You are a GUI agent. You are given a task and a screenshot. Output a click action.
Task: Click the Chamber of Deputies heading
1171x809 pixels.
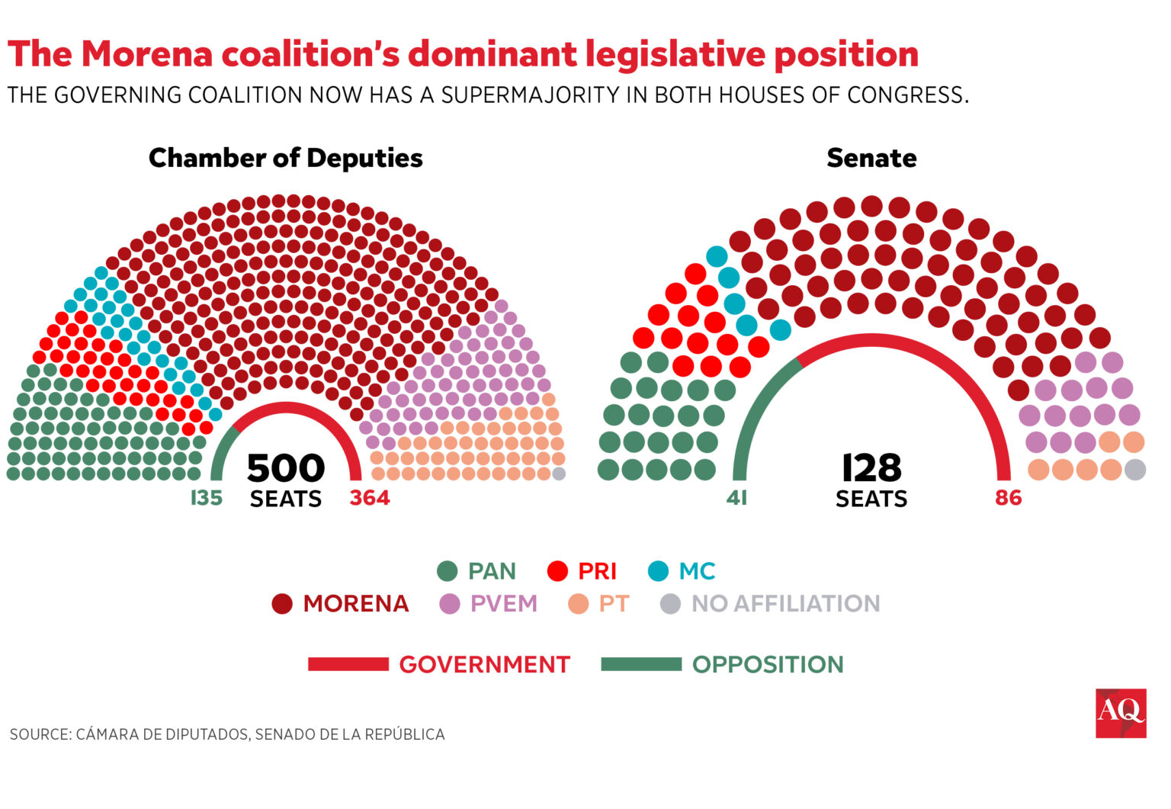click(x=285, y=158)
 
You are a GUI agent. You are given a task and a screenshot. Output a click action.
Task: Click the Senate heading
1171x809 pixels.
click(x=871, y=158)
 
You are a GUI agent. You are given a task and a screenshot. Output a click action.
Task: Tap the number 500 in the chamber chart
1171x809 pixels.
click(x=286, y=468)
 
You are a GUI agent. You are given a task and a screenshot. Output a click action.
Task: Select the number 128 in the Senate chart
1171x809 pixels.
click(x=871, y=468)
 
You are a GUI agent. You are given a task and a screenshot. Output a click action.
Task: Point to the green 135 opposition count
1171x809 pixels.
click(x=206, y=498)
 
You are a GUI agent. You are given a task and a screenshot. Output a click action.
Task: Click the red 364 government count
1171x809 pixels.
click(x=370, y=498)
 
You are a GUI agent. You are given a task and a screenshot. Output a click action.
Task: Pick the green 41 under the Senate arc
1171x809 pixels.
click(x=736, y=498)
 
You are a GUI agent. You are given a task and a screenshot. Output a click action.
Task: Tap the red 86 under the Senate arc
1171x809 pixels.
click(x=1008, y=498)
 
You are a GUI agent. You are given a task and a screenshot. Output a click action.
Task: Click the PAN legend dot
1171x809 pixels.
click(x=447, y=571)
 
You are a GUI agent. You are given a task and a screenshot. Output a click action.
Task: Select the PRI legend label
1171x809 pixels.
click(x=597, y=571)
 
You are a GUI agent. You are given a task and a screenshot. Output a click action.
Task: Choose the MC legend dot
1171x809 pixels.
click(x=657, y=571)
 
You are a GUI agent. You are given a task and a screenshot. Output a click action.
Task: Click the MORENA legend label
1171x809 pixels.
click(x=356, y=604)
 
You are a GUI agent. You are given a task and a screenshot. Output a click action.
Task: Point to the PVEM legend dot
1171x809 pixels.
click(x=450, y=604)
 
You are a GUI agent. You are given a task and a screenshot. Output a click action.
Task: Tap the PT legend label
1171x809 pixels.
click(x=614, y=604)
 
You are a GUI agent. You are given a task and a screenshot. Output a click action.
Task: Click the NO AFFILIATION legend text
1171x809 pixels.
click(x=785, y=604)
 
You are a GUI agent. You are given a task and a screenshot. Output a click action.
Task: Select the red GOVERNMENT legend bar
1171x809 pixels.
click(x=348, y=664)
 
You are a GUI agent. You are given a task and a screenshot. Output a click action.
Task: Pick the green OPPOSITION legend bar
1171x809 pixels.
click(x=640, y=664)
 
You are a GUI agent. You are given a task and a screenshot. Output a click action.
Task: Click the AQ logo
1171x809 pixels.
click(x=1121, y=713)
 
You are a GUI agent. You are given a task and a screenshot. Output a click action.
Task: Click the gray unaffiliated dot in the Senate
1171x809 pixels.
click(x=1135, y=470)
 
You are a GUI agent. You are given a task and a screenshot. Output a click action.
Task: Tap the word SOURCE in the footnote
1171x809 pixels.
click(x=40, y=734)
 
